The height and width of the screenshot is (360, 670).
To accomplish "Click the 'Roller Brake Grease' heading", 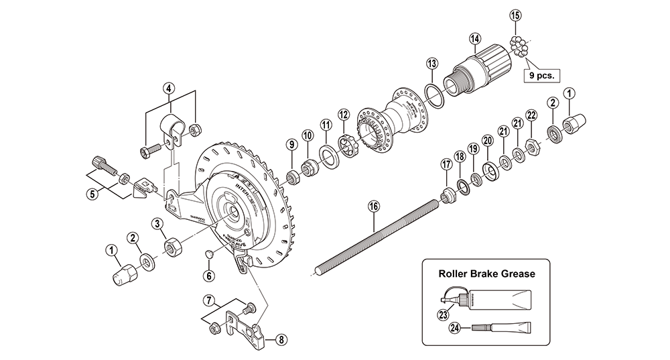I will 486,274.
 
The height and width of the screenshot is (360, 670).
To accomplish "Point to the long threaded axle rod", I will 375,231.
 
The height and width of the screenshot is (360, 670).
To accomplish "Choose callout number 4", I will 170,88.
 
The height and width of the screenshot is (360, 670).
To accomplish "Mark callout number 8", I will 281,339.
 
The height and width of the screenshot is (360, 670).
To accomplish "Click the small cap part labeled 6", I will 208,253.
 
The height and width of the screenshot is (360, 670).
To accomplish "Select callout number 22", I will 531,115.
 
